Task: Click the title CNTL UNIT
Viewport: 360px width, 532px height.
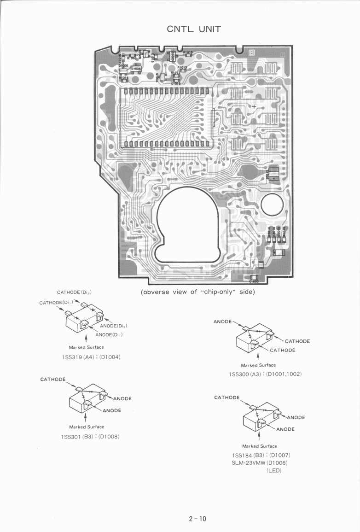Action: coord(194,29)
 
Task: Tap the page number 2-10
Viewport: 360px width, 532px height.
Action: coord(197,519)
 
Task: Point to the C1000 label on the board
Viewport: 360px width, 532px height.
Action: coord(254,281)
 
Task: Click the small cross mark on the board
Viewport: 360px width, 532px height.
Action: coord(254,106)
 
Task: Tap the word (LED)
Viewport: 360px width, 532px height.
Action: coord(274,471)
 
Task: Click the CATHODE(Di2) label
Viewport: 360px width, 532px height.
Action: coord(75,292)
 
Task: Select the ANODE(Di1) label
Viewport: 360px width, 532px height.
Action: coord(109,334)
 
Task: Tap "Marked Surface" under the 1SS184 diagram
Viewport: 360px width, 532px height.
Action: coord(260,446)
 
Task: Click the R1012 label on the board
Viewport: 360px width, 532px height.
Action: coord(182,67)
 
